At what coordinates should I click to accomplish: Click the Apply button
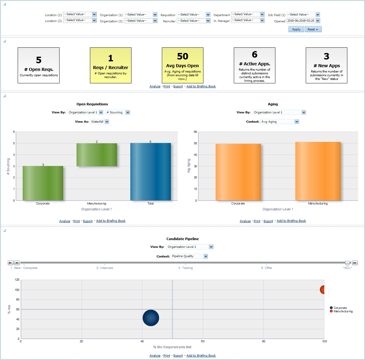pos(296,29)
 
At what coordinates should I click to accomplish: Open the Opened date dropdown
pos(318,21)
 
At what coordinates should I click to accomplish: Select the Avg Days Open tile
pos(182,65)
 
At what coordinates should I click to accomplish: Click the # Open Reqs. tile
pos(39,65)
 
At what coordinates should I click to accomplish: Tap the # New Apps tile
pos(326,65)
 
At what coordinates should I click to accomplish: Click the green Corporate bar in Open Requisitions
pos(43,183)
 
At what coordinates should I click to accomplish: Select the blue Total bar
pos(150,172)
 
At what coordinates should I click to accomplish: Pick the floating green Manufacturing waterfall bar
pos(97,155)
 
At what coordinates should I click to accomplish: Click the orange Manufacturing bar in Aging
pos(318,171)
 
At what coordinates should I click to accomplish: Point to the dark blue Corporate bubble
pos(151,318)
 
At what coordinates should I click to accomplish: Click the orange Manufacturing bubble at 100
pos(323,290)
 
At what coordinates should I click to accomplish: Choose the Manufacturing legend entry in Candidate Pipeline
pos(343,311)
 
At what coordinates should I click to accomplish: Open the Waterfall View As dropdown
pos(107,122)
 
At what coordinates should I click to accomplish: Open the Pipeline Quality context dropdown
pos(206,256)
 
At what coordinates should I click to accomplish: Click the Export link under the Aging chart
pos(268,221)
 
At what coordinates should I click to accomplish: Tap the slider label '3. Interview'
pos(105,268)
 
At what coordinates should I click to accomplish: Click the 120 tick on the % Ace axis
pos(17,280)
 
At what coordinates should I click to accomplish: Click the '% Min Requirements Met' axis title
pos(172,347)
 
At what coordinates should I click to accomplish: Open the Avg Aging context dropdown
pos(296,122)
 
